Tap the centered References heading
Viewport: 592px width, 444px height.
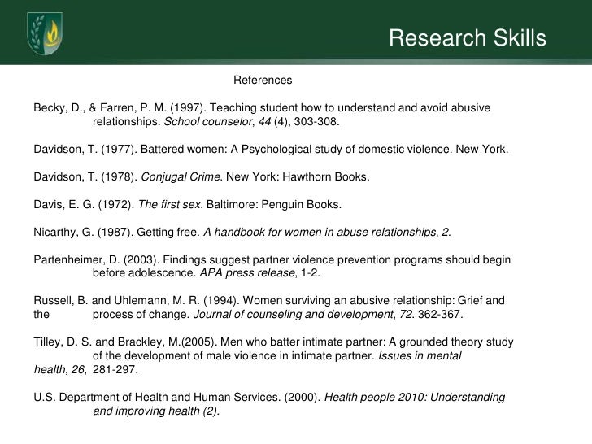point(262,81)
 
